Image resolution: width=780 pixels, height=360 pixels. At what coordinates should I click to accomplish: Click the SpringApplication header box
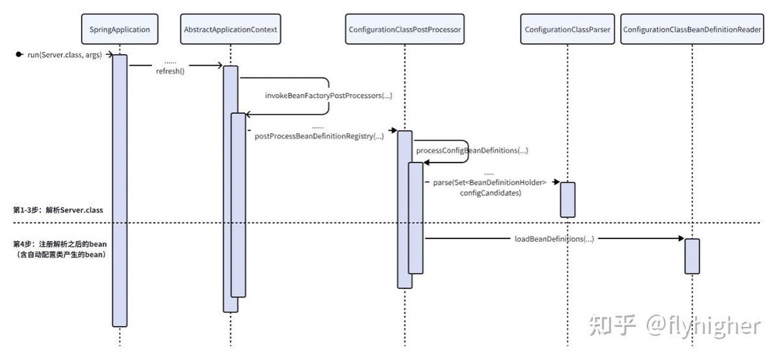tap(120, 30)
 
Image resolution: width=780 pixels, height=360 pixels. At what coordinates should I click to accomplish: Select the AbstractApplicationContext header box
tap(230, 30)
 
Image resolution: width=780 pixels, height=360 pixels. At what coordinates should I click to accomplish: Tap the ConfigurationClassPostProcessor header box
tap(405, 30)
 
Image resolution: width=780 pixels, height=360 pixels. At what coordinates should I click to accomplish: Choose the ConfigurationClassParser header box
tap(567, 30)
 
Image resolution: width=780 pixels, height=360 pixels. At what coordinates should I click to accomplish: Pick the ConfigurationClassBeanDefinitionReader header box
tap(691, 30)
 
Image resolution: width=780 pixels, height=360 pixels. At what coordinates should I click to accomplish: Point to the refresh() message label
tap(171, 71)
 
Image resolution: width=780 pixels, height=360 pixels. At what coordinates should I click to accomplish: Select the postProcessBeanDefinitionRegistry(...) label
tap(319, 136)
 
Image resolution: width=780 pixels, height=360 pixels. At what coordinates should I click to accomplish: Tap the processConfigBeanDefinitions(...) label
tap(472, 150)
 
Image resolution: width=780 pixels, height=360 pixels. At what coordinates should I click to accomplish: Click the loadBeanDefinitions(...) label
tap(554, 238)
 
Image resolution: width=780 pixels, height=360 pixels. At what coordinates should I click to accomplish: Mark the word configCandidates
tap(490, 193)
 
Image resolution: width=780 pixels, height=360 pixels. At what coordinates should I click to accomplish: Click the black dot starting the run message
tap(19, 55)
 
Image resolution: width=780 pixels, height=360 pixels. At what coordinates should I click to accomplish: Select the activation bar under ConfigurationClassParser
tap(568, 199)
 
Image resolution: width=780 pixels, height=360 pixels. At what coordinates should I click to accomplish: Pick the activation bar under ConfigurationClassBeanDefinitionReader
tap(691, 256)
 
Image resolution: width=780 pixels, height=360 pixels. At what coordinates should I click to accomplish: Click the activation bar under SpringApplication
tap(120, 190)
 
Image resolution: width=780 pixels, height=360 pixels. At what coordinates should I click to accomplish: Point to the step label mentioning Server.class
tap(58, 210)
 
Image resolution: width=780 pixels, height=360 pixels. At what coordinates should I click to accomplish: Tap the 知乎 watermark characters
tap(612, 326)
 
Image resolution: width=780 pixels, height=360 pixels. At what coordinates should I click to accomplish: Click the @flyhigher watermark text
tap(703, 326)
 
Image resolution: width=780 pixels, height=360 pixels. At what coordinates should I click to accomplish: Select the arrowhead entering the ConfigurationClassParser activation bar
tap(557, 183)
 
